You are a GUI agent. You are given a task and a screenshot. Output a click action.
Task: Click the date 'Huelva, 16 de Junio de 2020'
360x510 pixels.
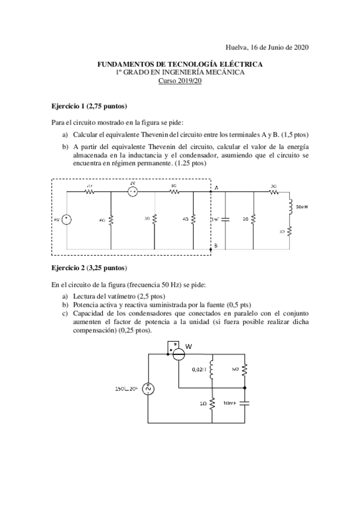pos(268,46)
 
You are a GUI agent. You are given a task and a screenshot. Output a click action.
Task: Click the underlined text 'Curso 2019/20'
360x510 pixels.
pos(180,81)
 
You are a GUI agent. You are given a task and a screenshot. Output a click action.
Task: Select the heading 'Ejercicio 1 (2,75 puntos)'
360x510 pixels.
pos(90,106)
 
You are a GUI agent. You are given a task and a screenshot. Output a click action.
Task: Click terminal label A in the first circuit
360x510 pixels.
pos(216,188)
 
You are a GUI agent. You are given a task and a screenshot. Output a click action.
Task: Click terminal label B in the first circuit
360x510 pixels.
pos(216,247)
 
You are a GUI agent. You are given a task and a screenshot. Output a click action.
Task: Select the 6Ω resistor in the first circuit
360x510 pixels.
pos(112,220)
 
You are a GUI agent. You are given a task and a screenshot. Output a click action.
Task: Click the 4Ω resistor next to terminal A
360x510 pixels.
pos(194,220)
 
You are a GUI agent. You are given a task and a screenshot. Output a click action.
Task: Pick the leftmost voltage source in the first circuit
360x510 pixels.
pos(67,220)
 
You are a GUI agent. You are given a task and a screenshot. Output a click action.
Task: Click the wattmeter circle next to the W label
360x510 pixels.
pos(178,354)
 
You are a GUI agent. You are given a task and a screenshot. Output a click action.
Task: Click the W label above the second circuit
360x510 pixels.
pos(188,346)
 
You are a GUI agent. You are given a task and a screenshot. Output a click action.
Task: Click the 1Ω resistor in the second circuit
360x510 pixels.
pos(213,404)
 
